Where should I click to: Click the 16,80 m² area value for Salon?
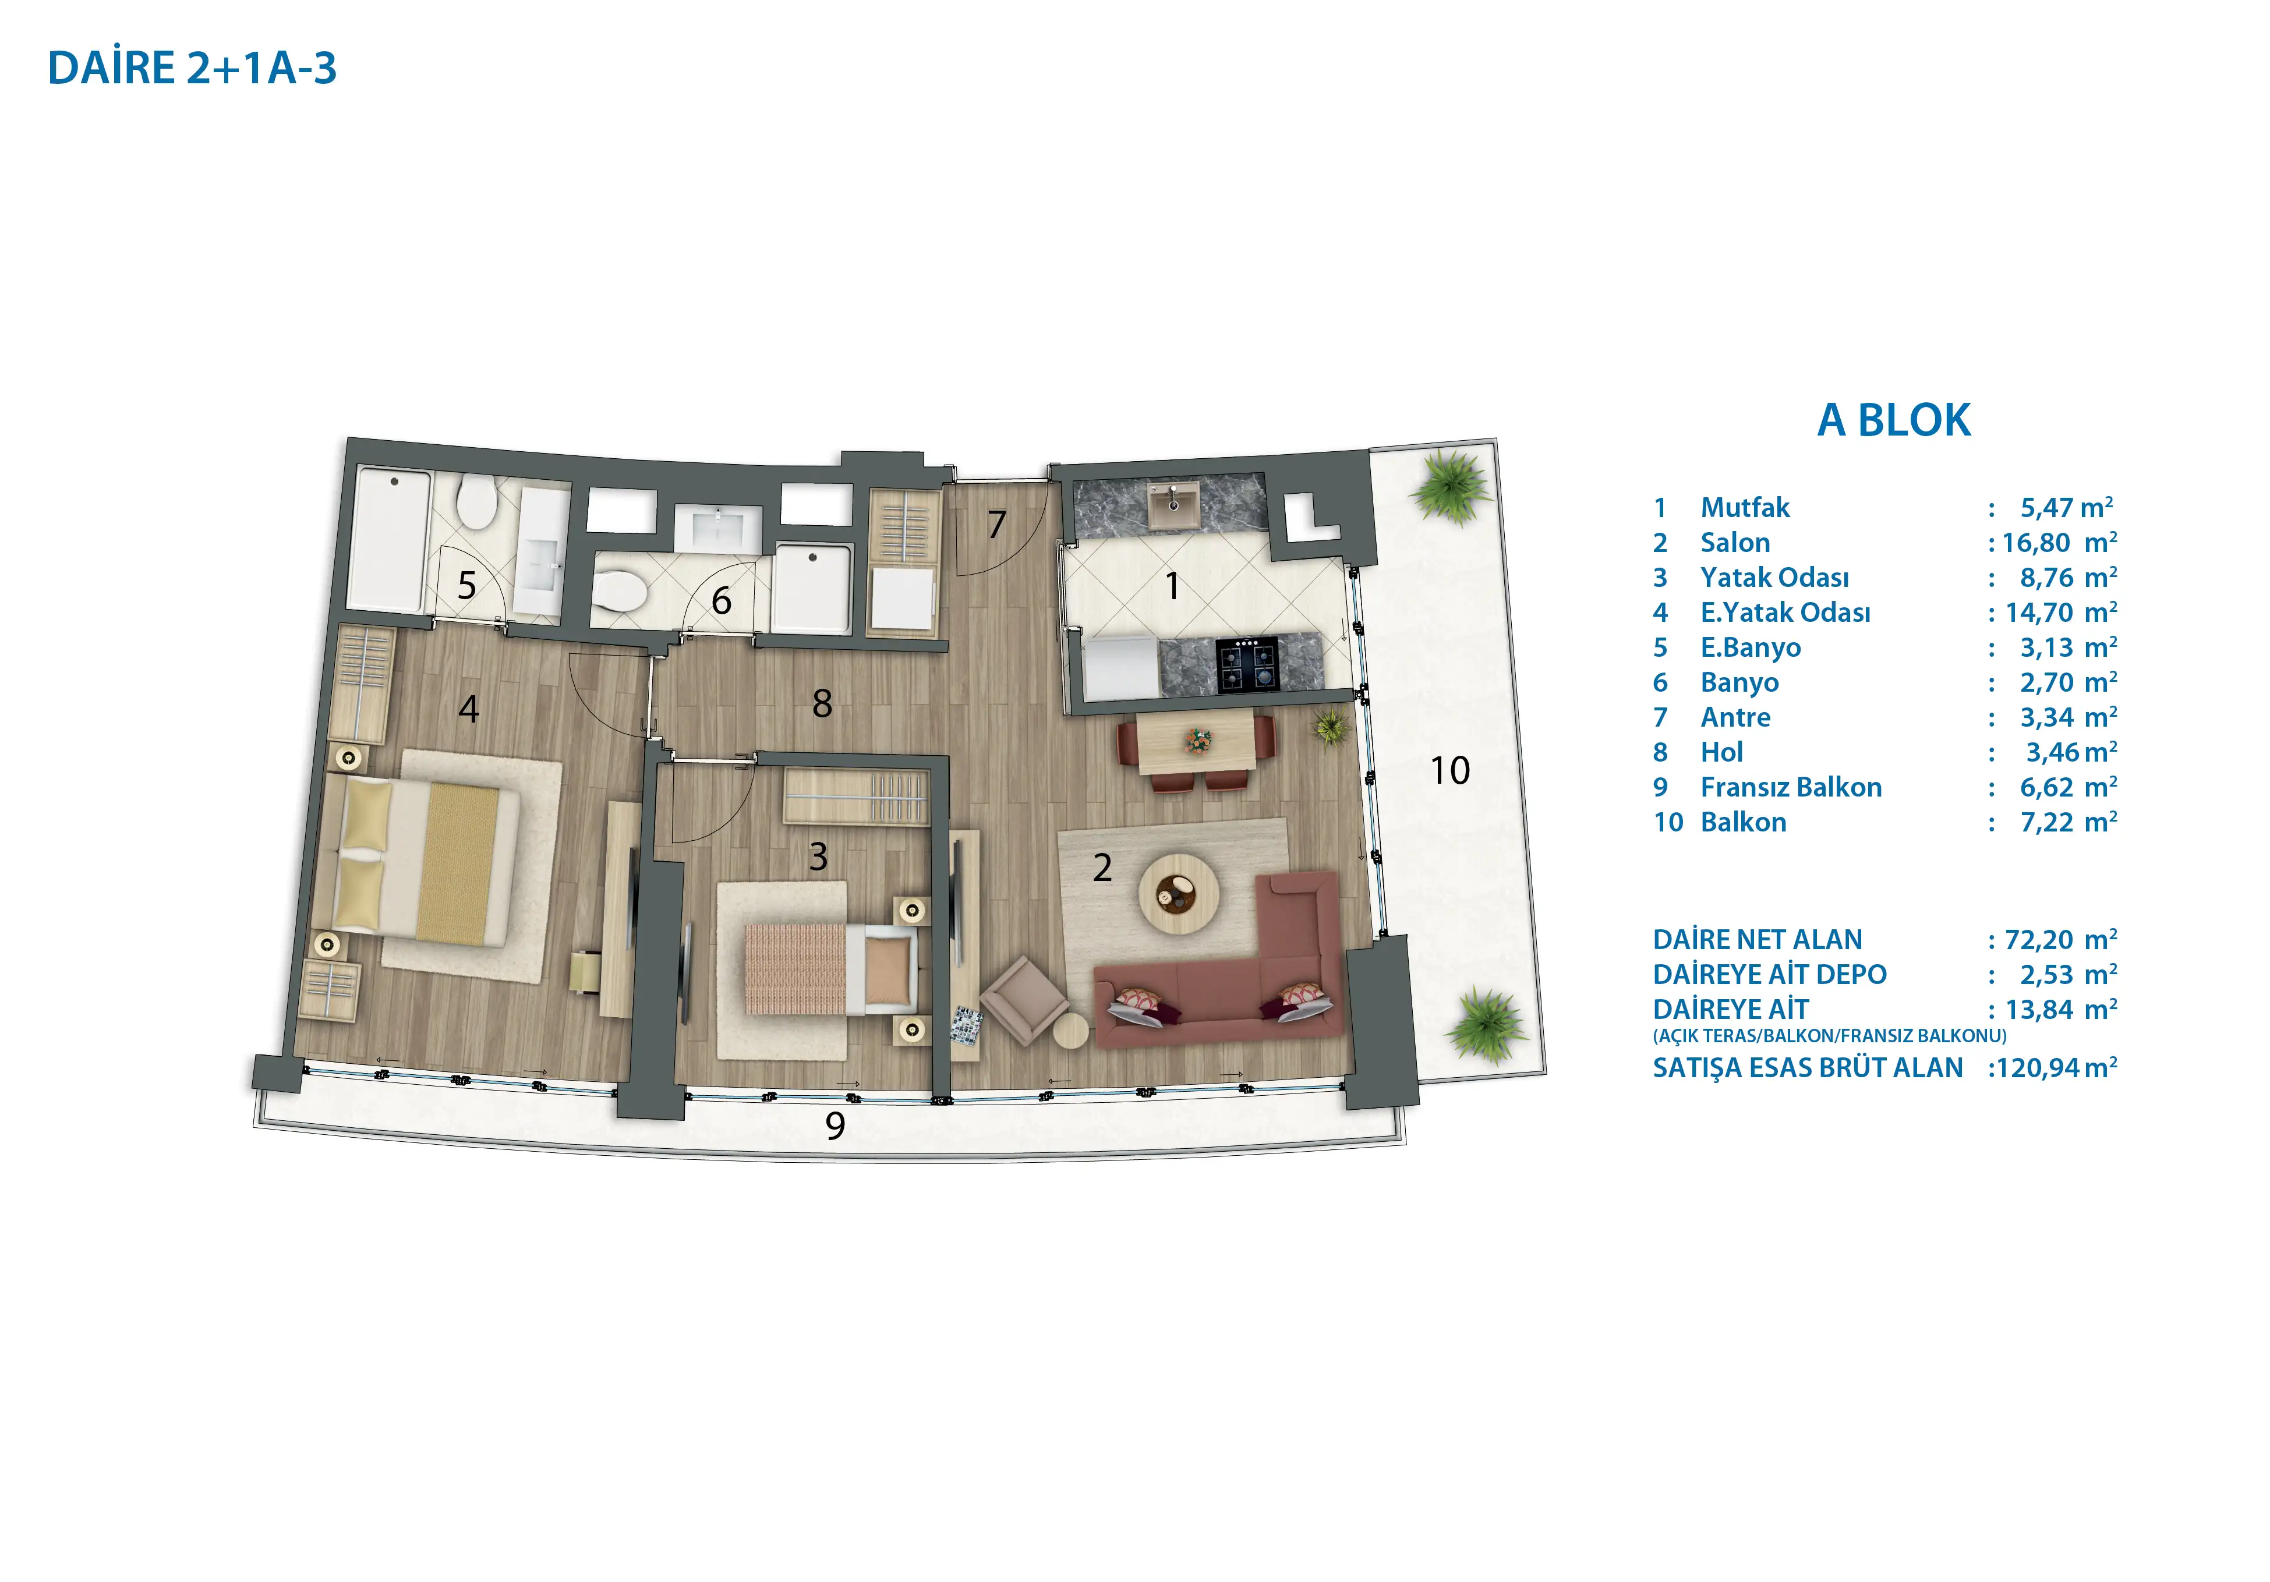[x=2059, y=542]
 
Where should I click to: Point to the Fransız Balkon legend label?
[x=1791, y=787]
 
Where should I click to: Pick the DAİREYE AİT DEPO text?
[x=1770, y=974]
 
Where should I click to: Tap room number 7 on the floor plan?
[x=996, y=524]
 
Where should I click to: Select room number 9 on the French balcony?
[x=836, y=1125]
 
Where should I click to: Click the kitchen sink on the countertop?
[x=1173, y=503]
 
